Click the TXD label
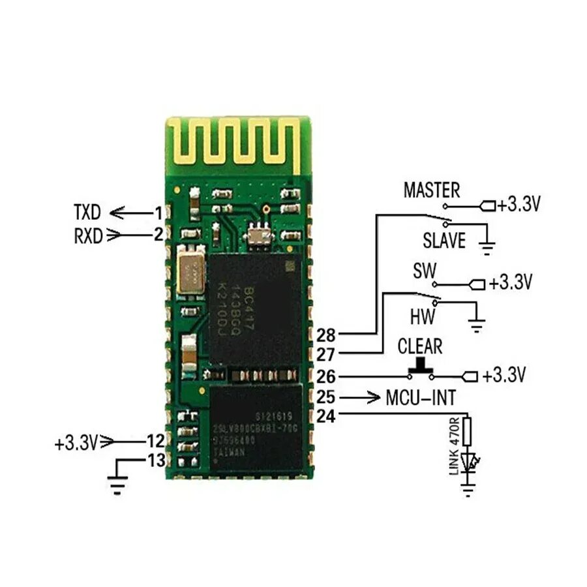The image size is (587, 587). (x=87, y=212)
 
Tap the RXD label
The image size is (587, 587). (x=89, y=235)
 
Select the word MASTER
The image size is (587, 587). (x=431, y=190)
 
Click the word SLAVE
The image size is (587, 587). (x=444, y=241)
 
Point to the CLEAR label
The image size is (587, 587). (x=419, y=346)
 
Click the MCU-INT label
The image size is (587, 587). (x=420, y=397)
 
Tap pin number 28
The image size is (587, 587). (x=325, y=336)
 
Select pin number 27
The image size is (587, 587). (x=325, y=355)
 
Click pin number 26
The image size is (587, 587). (x=325, y=376)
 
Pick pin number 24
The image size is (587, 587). (x=325, y=415)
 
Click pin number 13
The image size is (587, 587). (x=156, y=461)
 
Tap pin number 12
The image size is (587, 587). (x=155, y=442)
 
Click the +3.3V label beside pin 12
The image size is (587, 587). (x=76, y=444)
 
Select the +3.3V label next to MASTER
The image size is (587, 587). (x=518, y=205)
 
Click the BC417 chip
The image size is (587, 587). (x=255, y=307)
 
